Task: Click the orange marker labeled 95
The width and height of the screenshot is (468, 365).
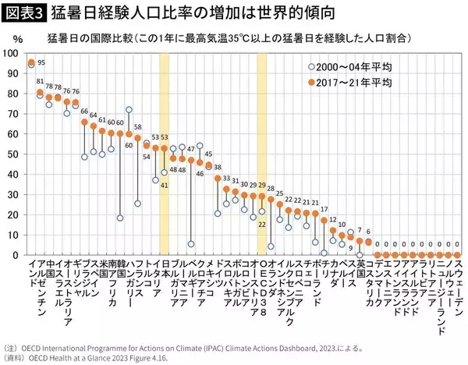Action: pyautogui.click(x=31, y=63)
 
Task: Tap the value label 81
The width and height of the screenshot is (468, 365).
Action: pyautogui.click(x=39, y=81)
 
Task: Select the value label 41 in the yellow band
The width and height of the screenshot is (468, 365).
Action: pyautogui.click(x=165, y=185)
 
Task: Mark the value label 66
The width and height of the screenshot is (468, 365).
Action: pyautogui.click(x=84, y=112)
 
